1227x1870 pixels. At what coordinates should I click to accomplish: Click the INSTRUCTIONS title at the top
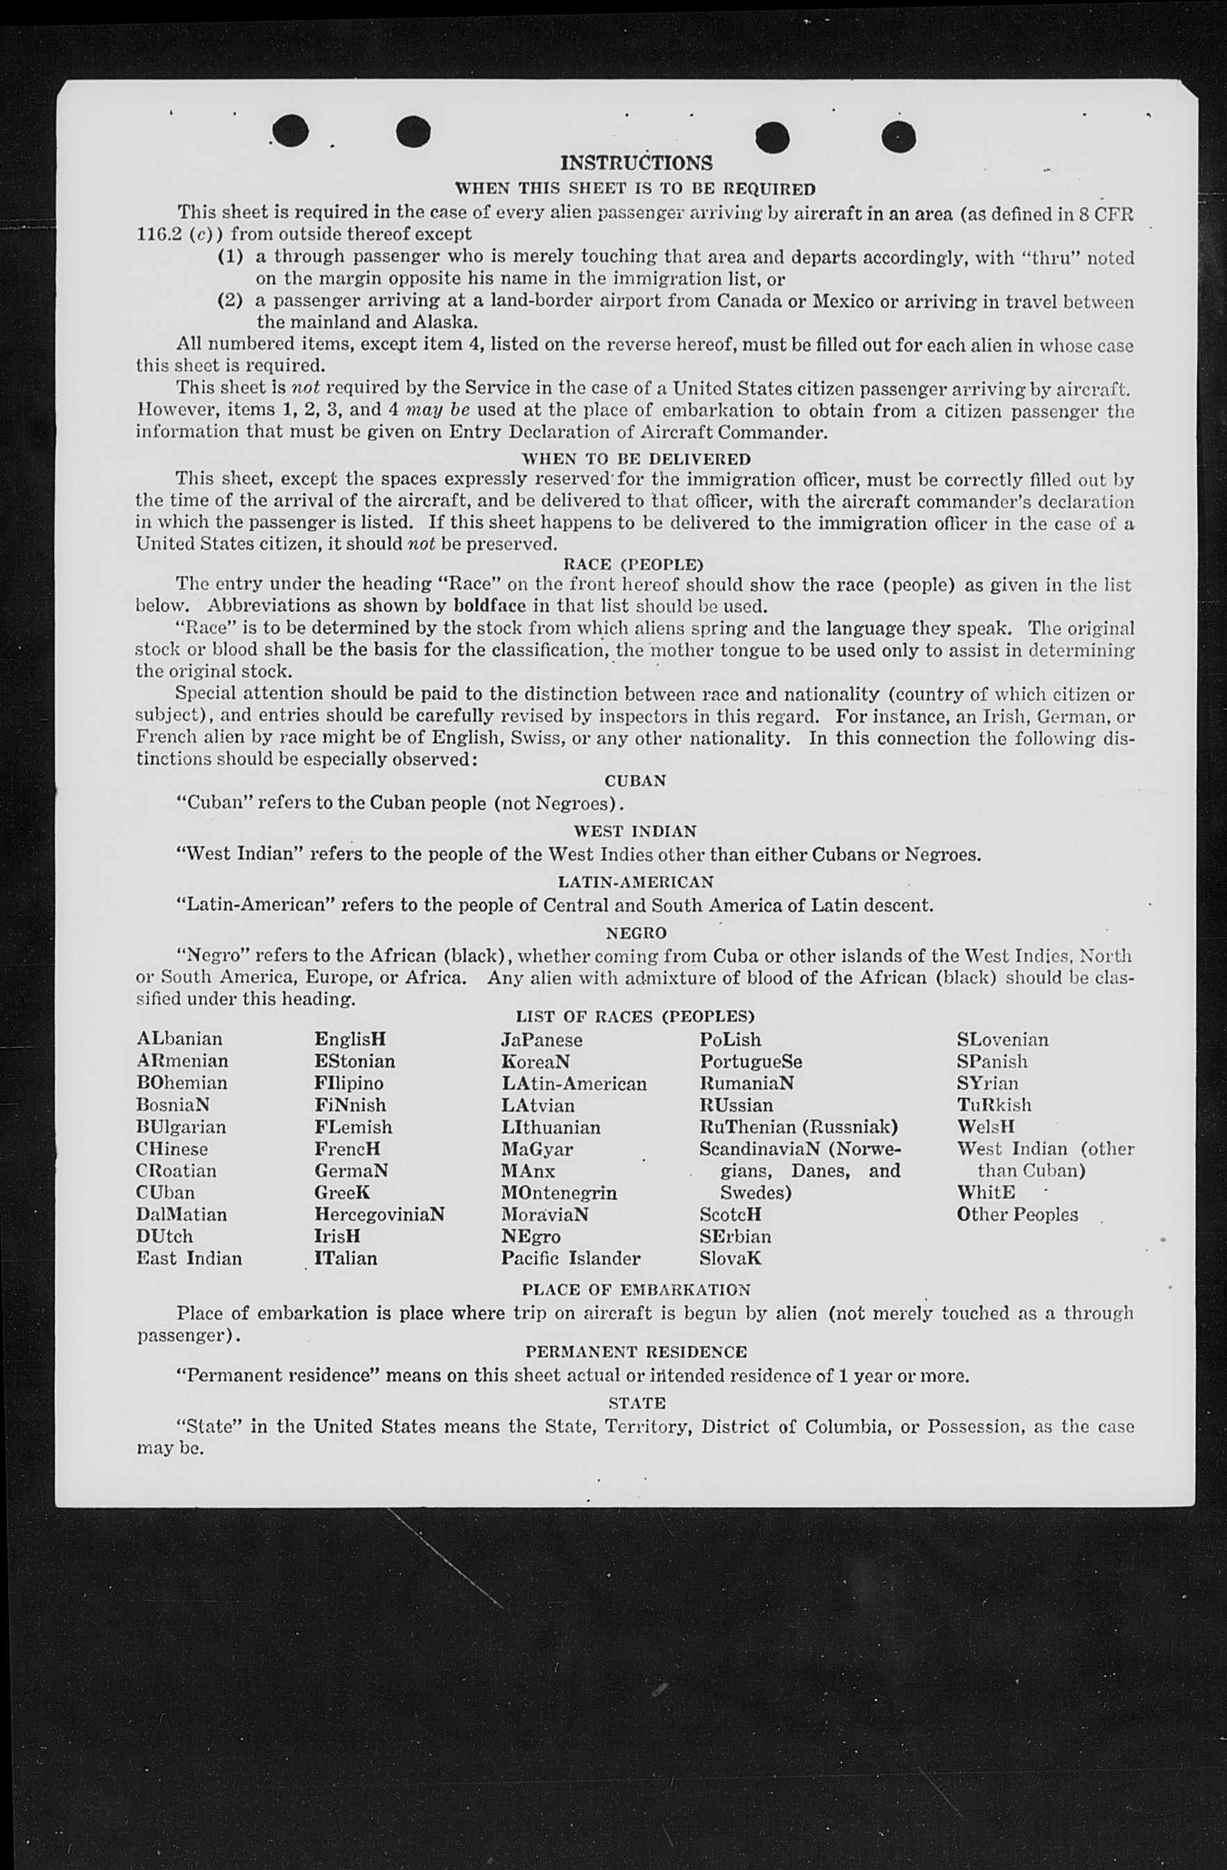pos(636,163)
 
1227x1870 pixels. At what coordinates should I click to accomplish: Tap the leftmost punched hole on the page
pos(291,130)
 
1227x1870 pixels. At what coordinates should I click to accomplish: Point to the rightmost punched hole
pos(898,137)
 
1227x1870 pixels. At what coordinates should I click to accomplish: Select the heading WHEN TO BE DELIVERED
pos(636,459)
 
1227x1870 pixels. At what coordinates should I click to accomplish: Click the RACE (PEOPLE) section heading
pos(633,564)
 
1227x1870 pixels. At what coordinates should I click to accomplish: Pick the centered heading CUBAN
pos(635,781)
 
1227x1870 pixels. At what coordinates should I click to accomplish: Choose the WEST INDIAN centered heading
pos(635,831)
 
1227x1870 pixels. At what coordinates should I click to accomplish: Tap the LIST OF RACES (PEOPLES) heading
pos(635,1016)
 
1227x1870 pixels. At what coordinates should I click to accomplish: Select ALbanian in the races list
pos(179,1039)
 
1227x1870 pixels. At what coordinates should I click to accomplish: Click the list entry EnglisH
pos(350,1039)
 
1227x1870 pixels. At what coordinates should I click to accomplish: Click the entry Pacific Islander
pos(571,1258)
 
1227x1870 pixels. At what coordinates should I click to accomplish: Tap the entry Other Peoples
pos(1017,1215)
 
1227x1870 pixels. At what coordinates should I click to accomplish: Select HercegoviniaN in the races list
pos(379,1215)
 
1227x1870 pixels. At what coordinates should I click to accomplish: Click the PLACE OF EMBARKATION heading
pos(636,1290)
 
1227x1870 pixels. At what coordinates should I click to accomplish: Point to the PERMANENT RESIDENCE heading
pos(636,1352)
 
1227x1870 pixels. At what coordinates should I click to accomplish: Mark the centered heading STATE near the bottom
pos(637,1403)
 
